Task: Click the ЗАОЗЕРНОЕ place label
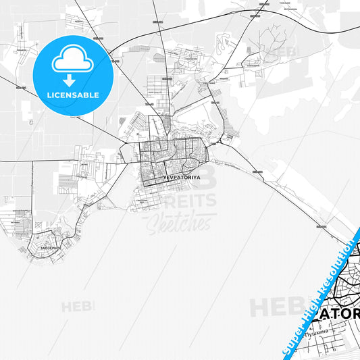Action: pyautogui.click(x=49, y=248)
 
